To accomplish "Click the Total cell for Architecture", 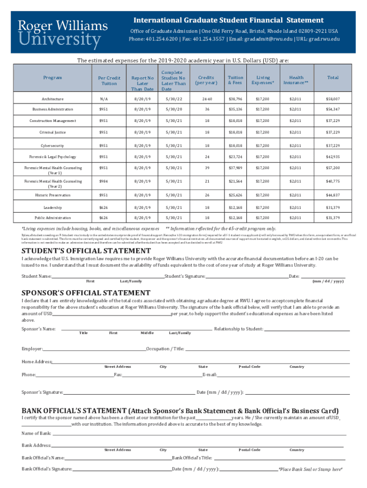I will click(332, 99).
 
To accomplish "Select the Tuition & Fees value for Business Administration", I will click(235, 110).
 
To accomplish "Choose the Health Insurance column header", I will click(296, 80).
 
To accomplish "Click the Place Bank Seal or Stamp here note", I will click(310, 469).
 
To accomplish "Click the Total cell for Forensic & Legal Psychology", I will click(332, 157).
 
